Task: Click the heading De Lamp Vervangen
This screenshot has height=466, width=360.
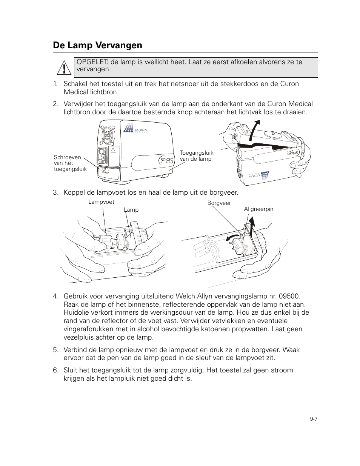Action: point(98,45)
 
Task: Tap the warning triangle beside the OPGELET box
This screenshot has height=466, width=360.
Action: point(66,68)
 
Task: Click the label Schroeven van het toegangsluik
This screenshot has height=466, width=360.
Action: point(70,163)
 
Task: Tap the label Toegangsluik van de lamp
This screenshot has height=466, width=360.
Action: point(196,156)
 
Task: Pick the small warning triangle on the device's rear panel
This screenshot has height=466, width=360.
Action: point(112,150)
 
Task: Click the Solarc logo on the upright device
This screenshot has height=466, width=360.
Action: point(166,160)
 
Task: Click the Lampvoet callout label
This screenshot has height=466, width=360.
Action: point(101,202)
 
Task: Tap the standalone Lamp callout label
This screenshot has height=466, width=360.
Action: point(131,210)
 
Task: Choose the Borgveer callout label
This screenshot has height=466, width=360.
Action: point(219,203)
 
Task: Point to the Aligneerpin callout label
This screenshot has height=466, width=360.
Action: point(258,209)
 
